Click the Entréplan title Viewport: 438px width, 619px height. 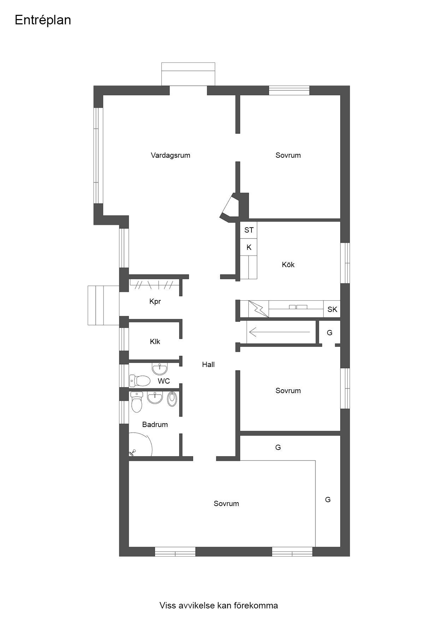[x=43, y=20]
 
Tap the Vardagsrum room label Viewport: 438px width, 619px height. [x=171, y=155]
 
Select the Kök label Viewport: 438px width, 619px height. [x=288, y=265]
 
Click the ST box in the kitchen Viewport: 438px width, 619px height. [x=249, y=230]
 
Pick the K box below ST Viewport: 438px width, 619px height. [x=249, y=247]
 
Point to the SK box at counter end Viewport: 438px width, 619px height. [x=332, y=309]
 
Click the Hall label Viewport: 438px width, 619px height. [x=208, y=365]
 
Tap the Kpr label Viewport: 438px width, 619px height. [x=155, y=302]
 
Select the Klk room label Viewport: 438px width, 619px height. [x=155, y=342]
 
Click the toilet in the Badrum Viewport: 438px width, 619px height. [x=136, y=402]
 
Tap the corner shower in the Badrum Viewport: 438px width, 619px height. [x=140, y=445]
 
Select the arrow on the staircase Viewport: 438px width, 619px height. [x=279, y=332]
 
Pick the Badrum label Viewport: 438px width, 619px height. [x=155, y=425]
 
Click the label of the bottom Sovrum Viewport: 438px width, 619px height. [x=226, y=504]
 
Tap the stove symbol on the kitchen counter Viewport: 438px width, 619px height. [x=259, y=309]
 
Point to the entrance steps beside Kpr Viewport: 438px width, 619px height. [x=103, y=305]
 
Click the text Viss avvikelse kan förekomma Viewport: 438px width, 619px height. [x=219, y=606]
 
